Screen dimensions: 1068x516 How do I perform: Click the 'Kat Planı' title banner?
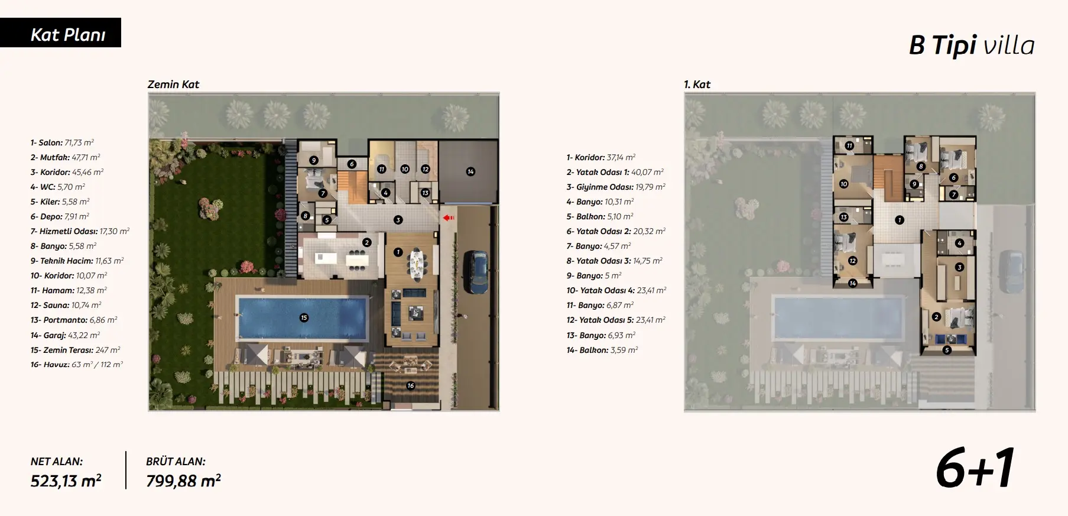coord(60,33)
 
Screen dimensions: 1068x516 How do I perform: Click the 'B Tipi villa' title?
coord(972,46)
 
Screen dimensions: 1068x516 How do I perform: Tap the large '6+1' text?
coord(975,468)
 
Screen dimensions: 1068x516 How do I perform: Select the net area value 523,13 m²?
coord(66,481)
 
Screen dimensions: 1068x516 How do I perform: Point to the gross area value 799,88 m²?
coord(183,481)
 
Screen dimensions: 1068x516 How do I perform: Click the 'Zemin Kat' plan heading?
coord(173,84)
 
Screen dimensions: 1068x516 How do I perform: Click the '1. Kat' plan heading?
coord(697,84)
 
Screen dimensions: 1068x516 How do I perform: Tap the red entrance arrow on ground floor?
coord(449,218)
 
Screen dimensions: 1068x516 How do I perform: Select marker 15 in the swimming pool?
coord(304,317)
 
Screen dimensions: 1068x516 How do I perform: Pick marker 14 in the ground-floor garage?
coord(470,171)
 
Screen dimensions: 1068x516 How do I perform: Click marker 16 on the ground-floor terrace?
coord(410,385)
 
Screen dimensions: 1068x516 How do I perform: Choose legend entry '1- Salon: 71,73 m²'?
coord(62,142)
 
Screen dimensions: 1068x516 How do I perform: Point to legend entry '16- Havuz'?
coord(77,365)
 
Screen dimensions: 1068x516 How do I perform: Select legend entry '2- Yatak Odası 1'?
coord(615,172)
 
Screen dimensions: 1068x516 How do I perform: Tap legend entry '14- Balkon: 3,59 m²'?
coord(602,350)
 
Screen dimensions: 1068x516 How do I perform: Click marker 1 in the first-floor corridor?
coord(899,220)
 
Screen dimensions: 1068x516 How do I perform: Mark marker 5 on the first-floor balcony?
coord(947,350)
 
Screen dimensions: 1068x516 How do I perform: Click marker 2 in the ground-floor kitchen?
coord(366,242)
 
